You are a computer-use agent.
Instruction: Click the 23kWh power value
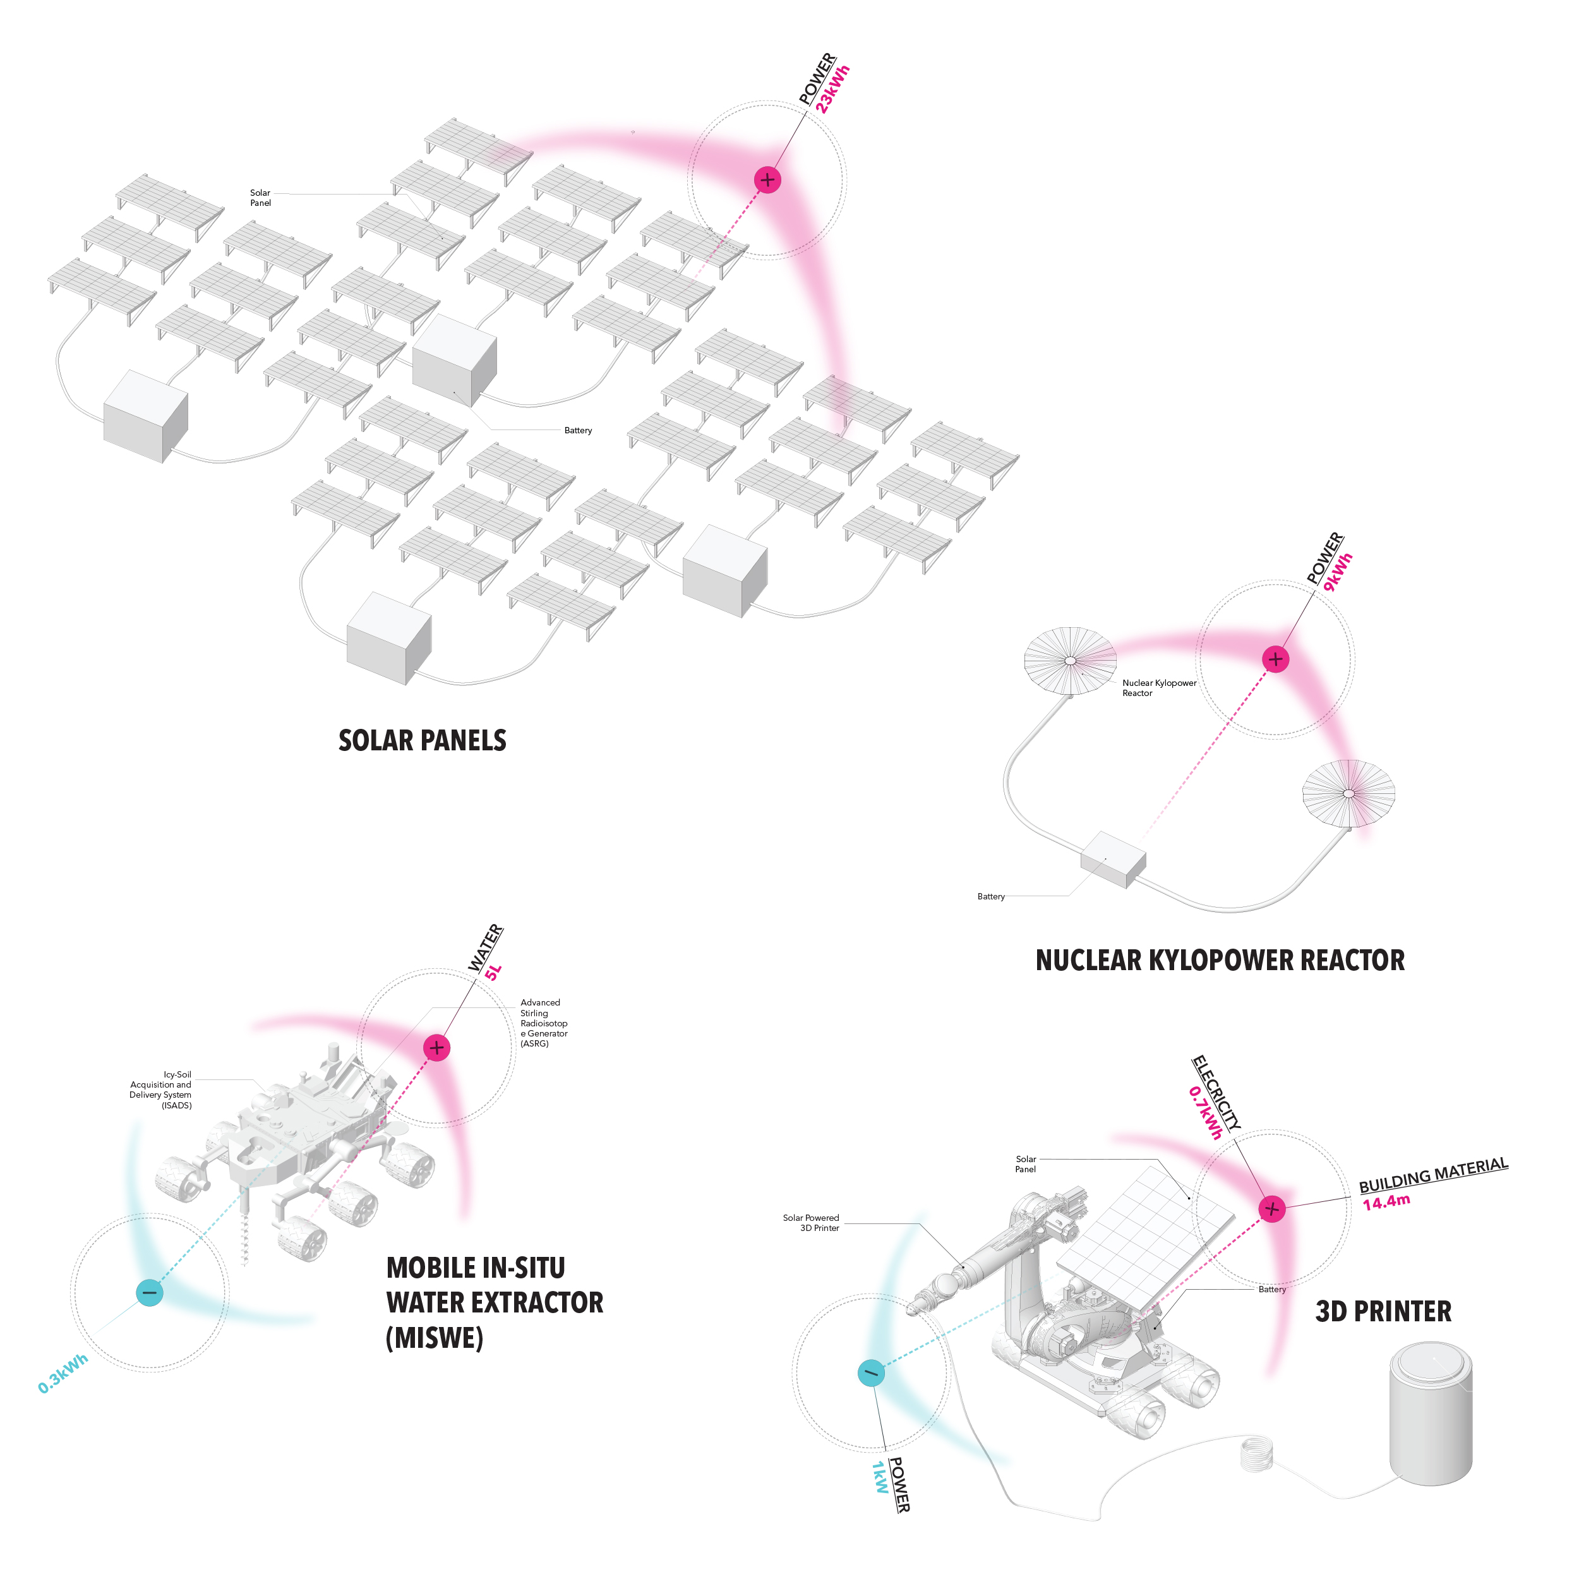pyautogui.click(x=834, y=89)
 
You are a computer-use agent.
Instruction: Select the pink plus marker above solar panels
pyautogui.click(x=767, y=180)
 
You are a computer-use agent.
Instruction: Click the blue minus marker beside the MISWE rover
pyautogui.click(x=150, y=1292)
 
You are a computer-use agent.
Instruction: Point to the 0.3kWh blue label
pyautogui.click(x=63, y=1374)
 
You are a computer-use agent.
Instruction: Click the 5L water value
pyautogui.click(x=493, y=972)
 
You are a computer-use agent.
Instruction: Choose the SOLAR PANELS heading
pyautogui.click(x=422, y=740)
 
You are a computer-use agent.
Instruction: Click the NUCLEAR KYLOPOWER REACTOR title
pyautogui.click(x=1220, y=959)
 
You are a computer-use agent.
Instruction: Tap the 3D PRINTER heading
pyautogui.click(x=1383, y=1311)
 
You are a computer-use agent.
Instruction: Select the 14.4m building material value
pyautogui.click(x=1386, y=1201)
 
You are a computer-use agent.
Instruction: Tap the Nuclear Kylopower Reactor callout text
pyautogui.click(x=1158, y=687)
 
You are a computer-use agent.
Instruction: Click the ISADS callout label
pyautogui.click(x=161, y=1090)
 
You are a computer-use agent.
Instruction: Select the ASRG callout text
pyautogui.click(x=544, y=1023)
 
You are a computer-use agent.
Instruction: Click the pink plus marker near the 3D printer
pyautogui.click(x=1271, y=1208)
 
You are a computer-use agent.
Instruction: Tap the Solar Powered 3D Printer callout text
pyautogui.click(x=811, y=1223)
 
